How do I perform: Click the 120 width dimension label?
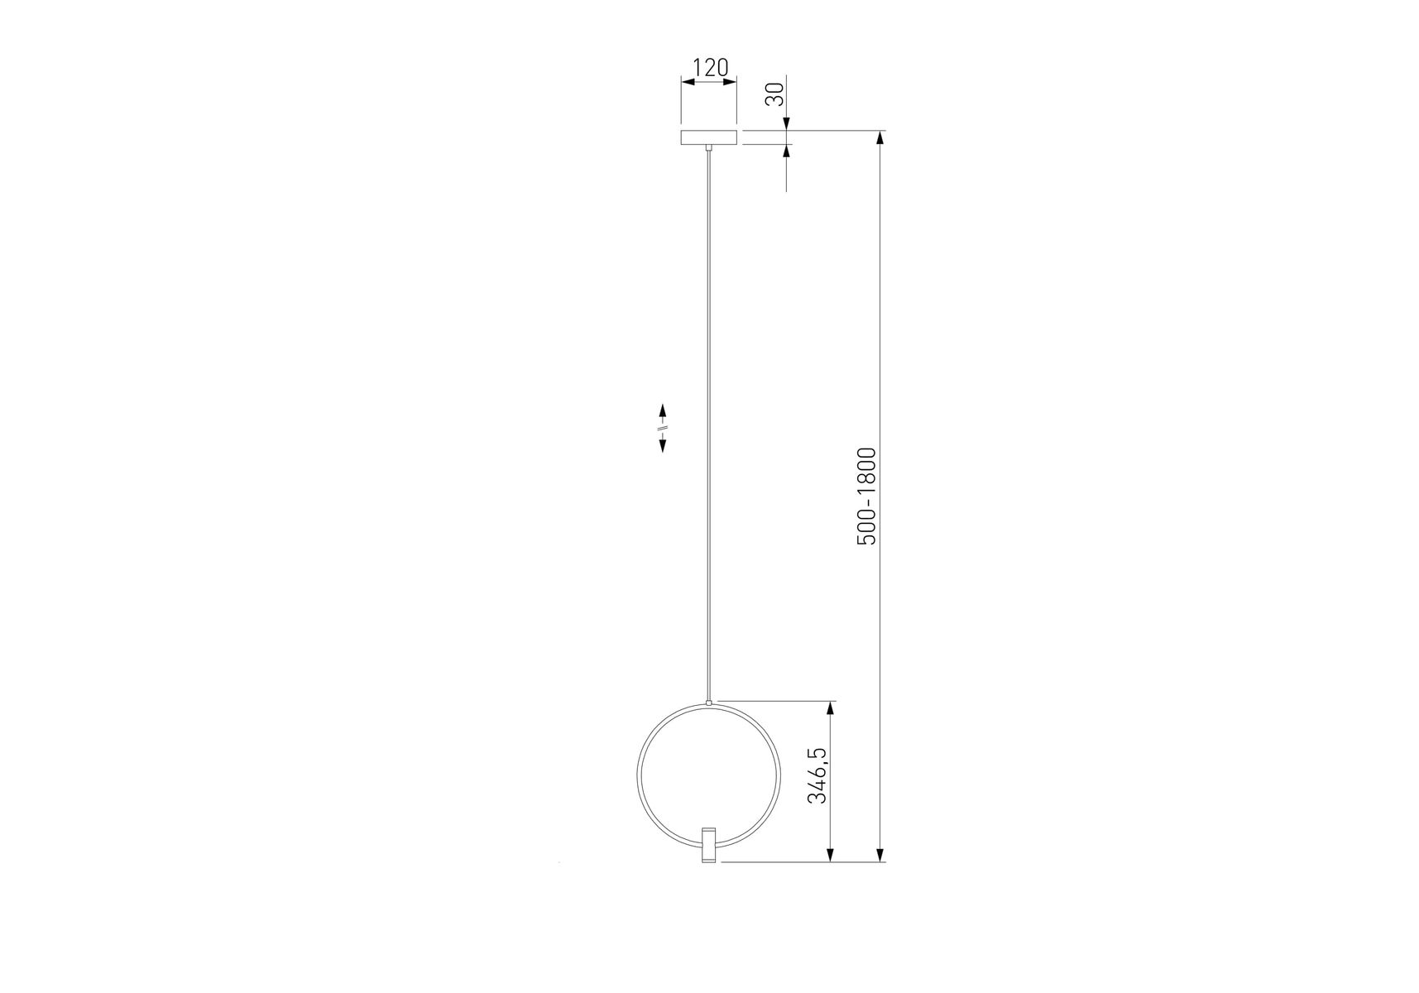pyautogui.click(x=710, y=67)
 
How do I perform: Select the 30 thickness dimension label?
pyautogui.click(x=775, y=95)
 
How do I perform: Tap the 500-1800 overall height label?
pyautogui.click(x=865, y=496)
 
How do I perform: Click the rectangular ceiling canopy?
pyautogui.click(x=708, y=137)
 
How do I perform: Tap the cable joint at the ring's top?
pyautogui.click(x=708, y=703)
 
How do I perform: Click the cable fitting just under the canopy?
pyautogui.click(x=708, y=148)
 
